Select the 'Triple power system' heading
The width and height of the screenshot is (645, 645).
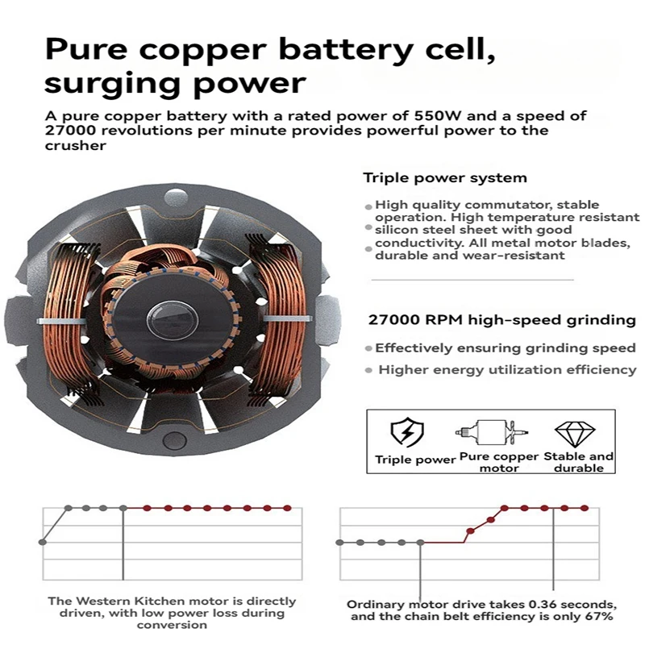445,177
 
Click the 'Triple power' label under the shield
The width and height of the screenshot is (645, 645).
415,460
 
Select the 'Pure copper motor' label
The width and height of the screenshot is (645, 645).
500,462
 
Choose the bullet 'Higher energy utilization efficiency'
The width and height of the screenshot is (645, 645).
507,370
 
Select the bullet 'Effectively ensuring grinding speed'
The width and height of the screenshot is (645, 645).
506,348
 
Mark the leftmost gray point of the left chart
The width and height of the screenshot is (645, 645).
42,542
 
